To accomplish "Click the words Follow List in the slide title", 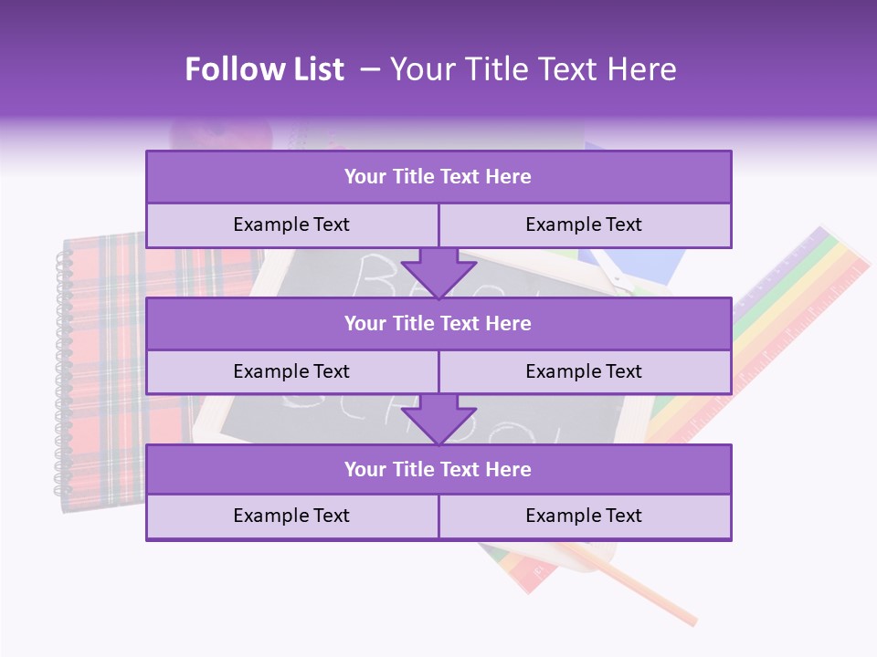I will point(264,69).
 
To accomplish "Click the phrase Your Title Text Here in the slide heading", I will point(533,69).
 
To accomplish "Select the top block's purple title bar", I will point(438,177).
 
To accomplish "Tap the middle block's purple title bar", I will point(438,323).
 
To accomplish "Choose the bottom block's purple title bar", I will point(438,469).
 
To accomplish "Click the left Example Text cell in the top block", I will point(291,224).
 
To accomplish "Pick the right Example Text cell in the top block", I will point(585,224).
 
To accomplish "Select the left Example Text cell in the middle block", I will point(291,371).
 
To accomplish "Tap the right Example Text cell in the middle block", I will point(585,371).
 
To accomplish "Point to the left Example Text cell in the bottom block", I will point(291,516).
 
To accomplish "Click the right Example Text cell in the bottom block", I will point(585,516).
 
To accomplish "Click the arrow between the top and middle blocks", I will point(438,272).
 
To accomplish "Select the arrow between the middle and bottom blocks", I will point(438,419).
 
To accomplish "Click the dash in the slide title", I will point(370,69).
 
